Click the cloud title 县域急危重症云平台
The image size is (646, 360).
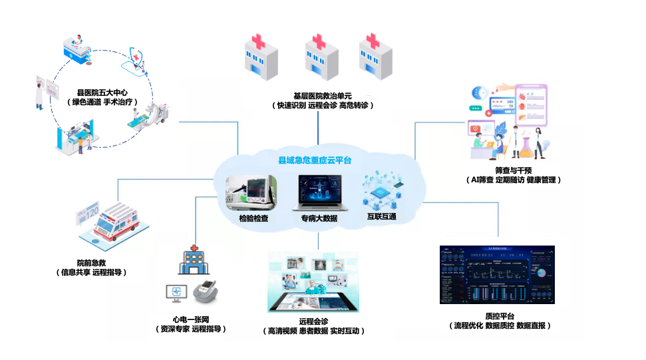[x=314, y=160]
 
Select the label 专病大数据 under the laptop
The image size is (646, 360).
[x=319, y=218]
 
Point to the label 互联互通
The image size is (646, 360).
[x=381, y=217]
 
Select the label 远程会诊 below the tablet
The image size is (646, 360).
[x=314, y=321]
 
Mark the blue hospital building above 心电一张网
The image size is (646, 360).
[x=192, y=261]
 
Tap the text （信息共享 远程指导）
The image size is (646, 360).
[x=91, y=272]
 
